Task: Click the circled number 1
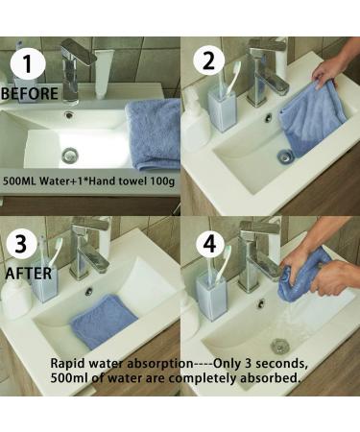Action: [28, 63]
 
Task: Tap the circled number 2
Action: [208, 60]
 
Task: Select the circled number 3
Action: [21, 244]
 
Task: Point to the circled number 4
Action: [209, 244]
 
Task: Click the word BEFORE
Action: [30, 93]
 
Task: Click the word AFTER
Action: [29, 274]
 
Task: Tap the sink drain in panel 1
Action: [70, 155]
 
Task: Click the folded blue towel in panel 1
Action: [154, 134]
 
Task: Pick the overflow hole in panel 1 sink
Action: [68, 114]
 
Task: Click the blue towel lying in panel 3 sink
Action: [105, 321]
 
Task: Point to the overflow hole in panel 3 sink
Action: [88, 291]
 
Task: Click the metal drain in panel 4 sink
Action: [280, 345]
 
